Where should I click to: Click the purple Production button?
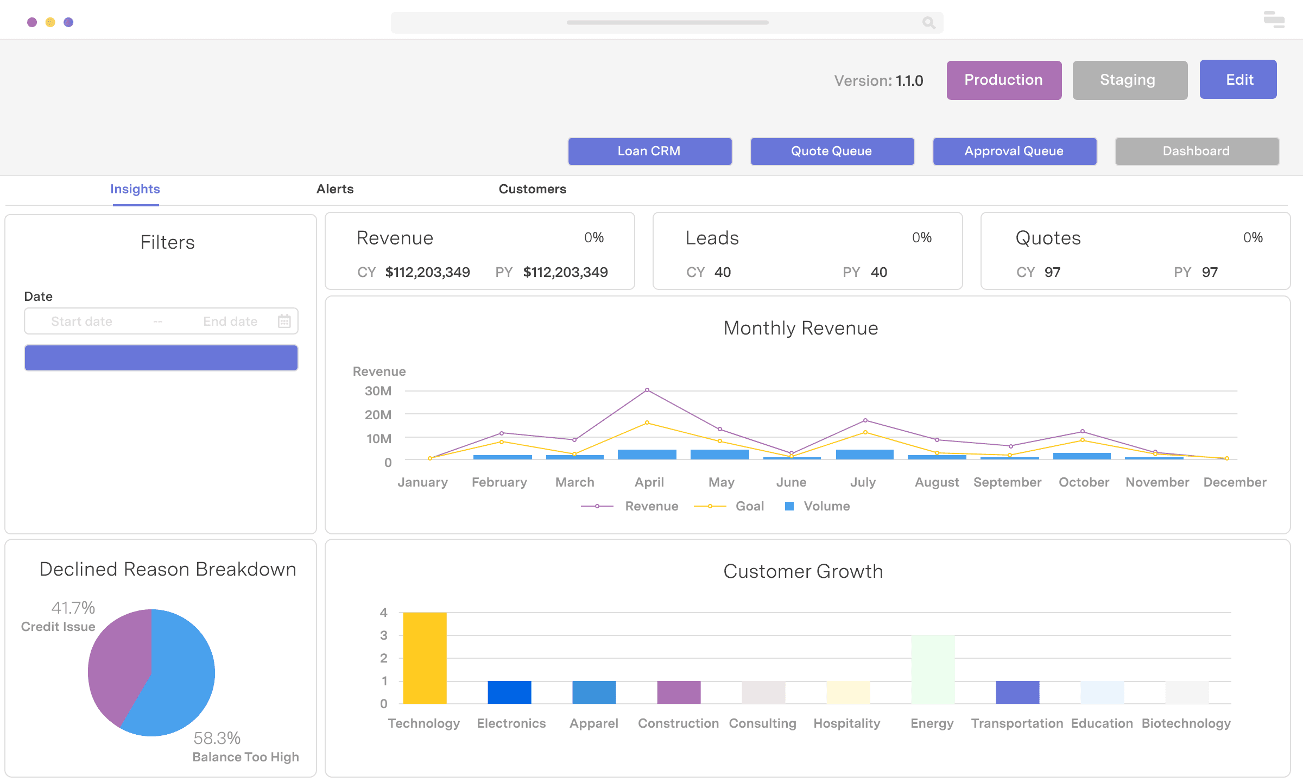tap(1004, 80)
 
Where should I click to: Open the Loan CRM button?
tap(649, 151)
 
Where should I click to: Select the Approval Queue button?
tap(1014, 151)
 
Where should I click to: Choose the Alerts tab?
tap(334, 189)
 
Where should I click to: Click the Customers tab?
tap(532, 189)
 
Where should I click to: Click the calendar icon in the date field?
tap(284, 321)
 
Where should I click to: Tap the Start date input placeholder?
tap(82, 321)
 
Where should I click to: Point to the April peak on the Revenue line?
tap(647, 390)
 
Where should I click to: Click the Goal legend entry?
tap(749, 506)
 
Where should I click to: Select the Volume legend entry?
tap(826, 506)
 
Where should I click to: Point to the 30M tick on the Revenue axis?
tap(378, 391)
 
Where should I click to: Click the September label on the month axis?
tap(1007, 482)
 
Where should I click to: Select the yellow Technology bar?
tap(425, 658)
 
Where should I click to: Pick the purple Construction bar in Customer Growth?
tap(679, 692)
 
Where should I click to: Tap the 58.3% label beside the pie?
tap(217, 738)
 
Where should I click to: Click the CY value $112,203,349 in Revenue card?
tap(427, 272)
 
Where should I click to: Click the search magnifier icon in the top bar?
tap(928, 22)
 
